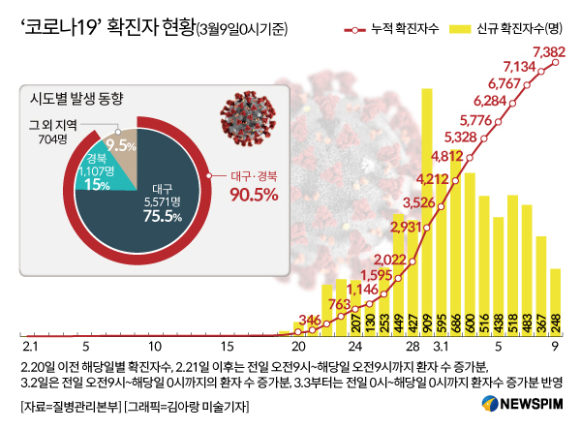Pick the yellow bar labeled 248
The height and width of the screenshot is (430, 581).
click(x=556, y=300)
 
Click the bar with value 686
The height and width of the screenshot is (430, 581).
click(x=455, y=242)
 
